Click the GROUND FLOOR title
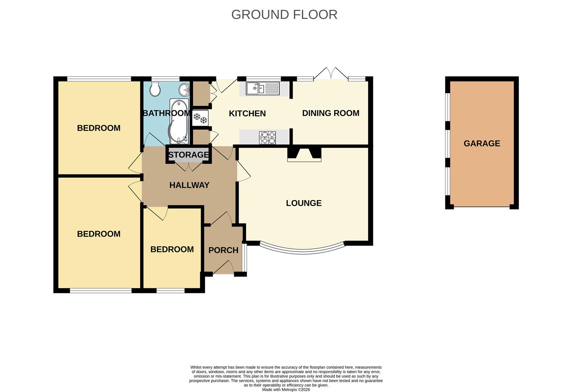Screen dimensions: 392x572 (x=284, y=15)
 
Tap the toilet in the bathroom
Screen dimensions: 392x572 (x=155, y=89)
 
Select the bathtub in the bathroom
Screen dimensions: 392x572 (x=178, y=121)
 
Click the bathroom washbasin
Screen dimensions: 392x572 (x=184, y=88)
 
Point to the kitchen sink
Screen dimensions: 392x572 (x=263, y=89)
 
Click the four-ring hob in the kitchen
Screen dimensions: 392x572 (x=267, y=138)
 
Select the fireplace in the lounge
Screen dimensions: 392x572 (x=304, y=154)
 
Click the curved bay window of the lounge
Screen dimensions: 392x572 (x=303, y=250)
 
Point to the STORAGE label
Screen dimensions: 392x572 (x=189, y=155)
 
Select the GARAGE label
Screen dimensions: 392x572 (x=482, y=143)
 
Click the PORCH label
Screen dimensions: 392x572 (x=223, y=250)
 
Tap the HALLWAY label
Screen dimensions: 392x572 (x=189, y=185)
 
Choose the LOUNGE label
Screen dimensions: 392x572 (x=304, y=203)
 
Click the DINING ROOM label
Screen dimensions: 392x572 (x=331, y=113)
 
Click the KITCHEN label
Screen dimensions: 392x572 (x=247, y=114)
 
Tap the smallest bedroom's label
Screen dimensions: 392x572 (x=172, y=249)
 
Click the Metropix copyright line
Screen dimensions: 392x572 (x=286, y=390)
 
